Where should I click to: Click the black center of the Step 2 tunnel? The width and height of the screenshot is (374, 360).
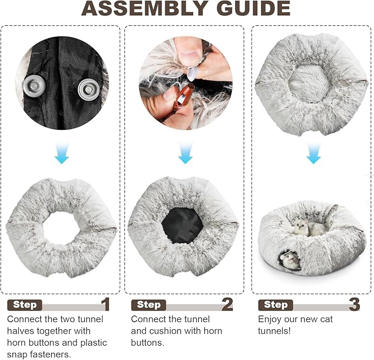point(184,226)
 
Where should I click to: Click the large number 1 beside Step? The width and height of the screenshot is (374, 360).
point(105,304)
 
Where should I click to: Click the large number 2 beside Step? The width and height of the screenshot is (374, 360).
point(227,304)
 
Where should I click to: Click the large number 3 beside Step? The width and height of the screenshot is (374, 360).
point(354,304)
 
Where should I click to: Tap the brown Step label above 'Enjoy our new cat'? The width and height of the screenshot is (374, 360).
point(275,305)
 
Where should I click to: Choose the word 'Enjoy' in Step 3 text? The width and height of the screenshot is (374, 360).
point(270,319)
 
